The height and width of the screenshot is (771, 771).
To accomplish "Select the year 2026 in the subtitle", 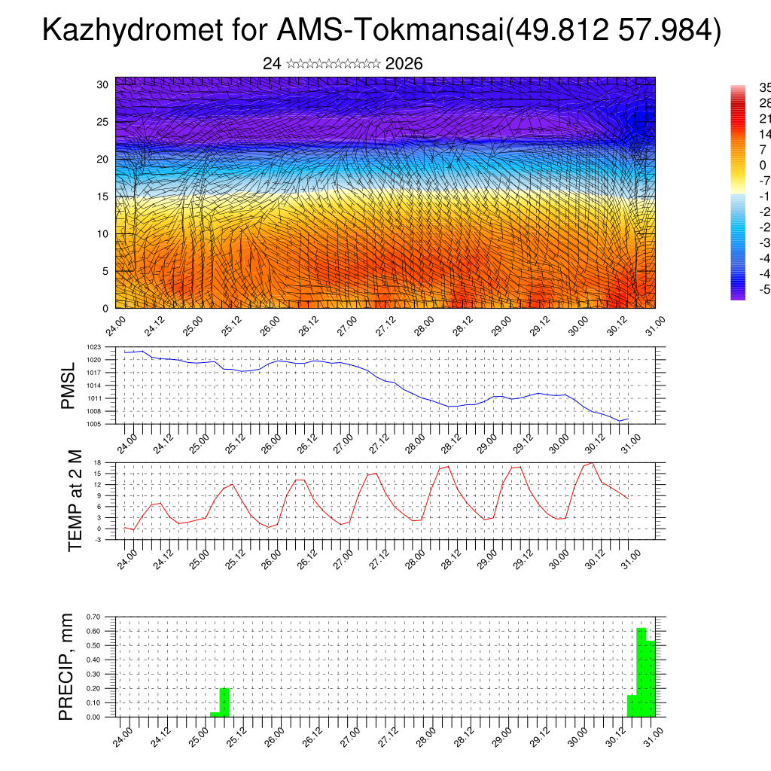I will (x=404, y=64).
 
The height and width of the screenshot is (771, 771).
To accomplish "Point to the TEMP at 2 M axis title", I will (x=75, y=500).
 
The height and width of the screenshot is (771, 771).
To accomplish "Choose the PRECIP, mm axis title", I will (x=67, y=666).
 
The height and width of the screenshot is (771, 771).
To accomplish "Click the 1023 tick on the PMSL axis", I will (x=93, y=347).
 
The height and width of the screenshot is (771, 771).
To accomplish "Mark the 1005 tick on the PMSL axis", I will (x=93, y=424).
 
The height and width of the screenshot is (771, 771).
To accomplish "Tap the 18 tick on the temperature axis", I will (x=98, y=462).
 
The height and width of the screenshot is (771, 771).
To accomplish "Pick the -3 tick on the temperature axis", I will (x=98, y=540).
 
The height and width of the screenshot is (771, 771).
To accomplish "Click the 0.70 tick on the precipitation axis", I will (x=93, y=617).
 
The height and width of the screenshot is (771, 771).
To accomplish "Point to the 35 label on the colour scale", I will (x=764, y=87).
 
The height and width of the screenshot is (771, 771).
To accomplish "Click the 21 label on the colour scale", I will (x=764, y=119).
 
